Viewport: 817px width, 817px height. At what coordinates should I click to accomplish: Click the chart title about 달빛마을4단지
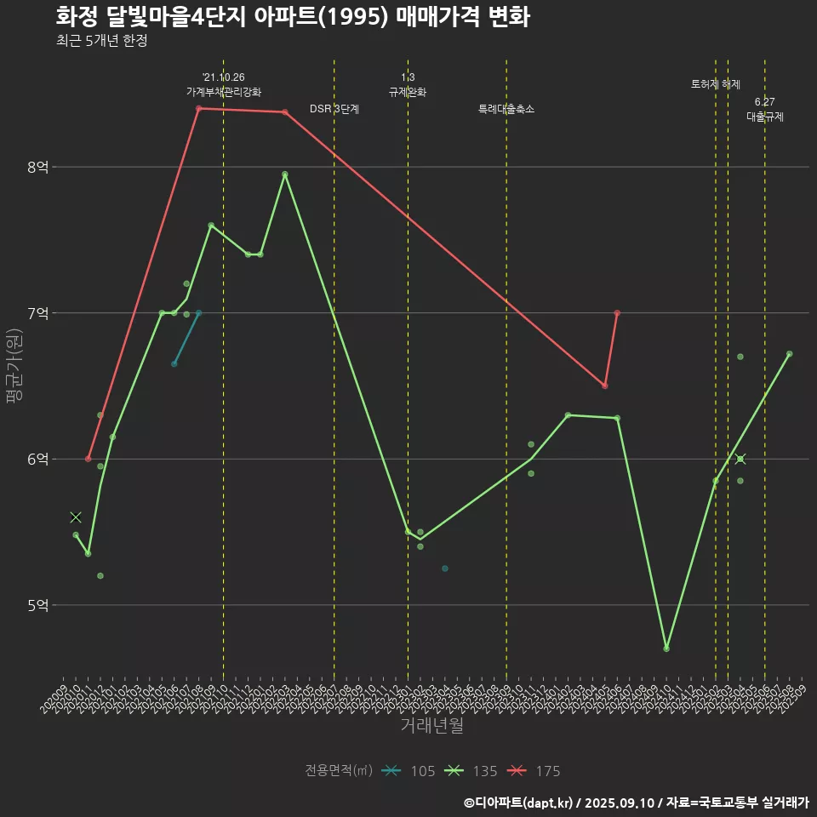293,17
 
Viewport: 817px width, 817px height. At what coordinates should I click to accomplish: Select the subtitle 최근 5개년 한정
101,41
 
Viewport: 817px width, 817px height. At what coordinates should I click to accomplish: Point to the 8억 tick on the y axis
38,168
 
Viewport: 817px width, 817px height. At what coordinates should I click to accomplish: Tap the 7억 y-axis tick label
38,313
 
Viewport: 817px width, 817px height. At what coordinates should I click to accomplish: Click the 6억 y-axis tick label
38,460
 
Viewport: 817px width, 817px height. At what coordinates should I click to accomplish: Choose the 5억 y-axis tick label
38,606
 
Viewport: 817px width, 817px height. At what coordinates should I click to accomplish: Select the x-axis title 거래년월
431,726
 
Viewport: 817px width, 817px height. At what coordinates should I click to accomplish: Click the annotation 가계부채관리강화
224,92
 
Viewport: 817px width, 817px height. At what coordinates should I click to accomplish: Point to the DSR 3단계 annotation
334,109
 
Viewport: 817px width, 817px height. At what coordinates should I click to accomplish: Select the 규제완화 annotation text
408,92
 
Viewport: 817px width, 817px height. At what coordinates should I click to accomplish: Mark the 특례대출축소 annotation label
506,109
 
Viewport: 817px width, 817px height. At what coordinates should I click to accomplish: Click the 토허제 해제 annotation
716,84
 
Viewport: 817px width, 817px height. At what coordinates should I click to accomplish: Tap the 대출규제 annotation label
764,117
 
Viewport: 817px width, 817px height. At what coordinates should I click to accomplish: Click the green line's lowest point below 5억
666,648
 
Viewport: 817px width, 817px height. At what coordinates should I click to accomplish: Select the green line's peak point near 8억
285,174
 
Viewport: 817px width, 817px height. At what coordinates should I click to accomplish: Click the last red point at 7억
617,313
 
